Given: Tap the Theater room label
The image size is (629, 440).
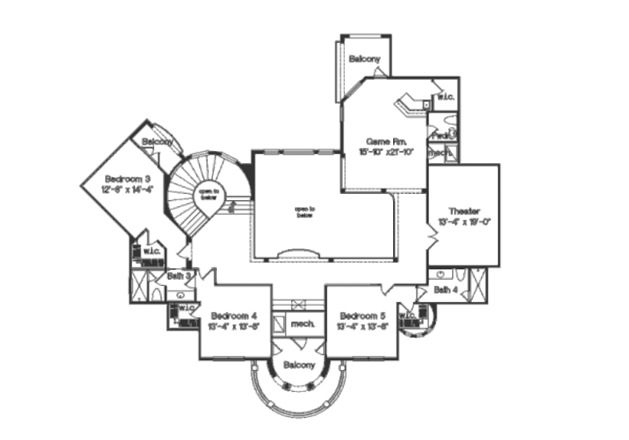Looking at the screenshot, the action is click(x=464, y=210).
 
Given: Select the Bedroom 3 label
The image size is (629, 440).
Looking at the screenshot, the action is click(x=127, y=179).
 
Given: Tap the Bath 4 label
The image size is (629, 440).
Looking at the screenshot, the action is click(x=445, y=290).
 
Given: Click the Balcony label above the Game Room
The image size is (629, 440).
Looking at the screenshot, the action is click(x=365, y=60).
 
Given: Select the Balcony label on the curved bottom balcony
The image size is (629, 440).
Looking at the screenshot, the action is click(x=299, y=365).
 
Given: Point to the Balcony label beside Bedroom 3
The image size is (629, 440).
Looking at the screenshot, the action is click(x=157, y=142).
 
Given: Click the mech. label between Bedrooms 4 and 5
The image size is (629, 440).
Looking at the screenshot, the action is click(x=303, y=323).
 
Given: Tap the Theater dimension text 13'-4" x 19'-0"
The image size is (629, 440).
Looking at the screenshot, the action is click(x=464, y=222).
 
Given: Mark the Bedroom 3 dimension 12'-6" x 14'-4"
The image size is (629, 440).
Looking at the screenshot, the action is click(x=127, y=190).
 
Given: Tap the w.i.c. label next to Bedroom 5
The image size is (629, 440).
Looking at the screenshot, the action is click(x=408, y=315).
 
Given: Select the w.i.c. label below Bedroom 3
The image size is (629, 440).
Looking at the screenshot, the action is click(x=152, y=251).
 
